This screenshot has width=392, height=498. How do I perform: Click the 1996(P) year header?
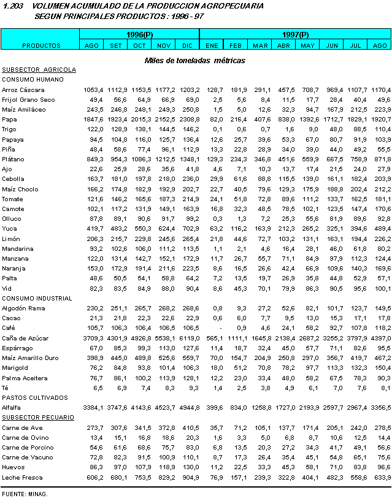tap(139, 34)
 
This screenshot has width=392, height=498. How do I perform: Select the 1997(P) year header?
tap(296, 34)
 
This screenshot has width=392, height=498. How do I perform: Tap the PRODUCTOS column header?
tap(41, 45)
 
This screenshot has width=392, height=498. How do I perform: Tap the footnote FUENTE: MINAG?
tap(25, 492)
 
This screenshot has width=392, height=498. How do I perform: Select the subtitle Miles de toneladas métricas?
tap(194, 61)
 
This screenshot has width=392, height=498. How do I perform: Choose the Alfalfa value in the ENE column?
tap(211, 407)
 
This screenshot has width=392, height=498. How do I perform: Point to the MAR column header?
tap(260, 45)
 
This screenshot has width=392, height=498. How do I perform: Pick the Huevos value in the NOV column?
tap(164, 467)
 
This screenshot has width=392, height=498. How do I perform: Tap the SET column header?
tap(115, 45)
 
